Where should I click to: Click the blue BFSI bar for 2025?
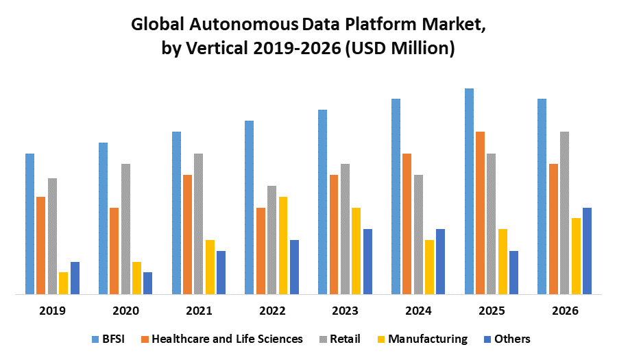pyautogui.click(x=469, y=191)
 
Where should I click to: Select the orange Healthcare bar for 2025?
pyautogui.click(x=480, y=213)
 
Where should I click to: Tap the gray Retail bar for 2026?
pyautogui.click(x=565, y=213)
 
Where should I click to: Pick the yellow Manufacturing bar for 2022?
pyautogui.click(x=283, y=245)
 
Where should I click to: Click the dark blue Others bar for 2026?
pyautogui.click(x=587, y=251)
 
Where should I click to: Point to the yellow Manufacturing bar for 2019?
pyautogui.click(x=64, y=283)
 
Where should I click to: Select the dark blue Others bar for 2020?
pyautogui.click(x=148, y=283)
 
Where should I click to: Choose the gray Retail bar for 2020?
pyautogui.click(x=125, y=229)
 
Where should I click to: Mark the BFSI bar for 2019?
pyautogui.click(x=30, y=224)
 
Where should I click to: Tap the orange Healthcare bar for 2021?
pyautogui.click(x=187, y=235)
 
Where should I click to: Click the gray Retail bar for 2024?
pyautogui.click(x=418, y=235)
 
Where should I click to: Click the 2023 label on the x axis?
pyautogui.click(x=345, y=311)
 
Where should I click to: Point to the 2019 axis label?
pyautogui.click(x=53, y=311)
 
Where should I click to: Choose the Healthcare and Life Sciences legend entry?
pyautogui.click(x=221, y=339)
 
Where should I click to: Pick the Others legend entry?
pyautogui.click(x=508, y=339)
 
